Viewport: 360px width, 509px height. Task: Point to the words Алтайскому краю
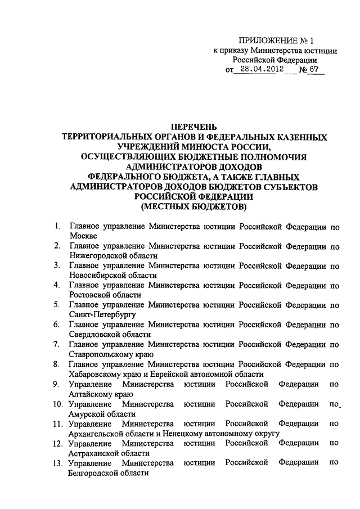(x=97, y=394)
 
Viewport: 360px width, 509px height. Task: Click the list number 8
(x=57, y=364)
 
